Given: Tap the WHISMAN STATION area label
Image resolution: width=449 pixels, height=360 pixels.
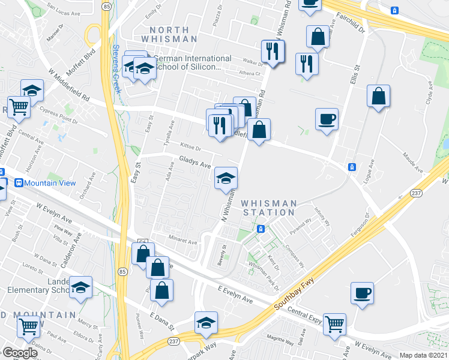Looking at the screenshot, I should (x=268, y=208).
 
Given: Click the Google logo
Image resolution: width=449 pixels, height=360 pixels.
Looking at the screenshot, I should (x=20, y=353).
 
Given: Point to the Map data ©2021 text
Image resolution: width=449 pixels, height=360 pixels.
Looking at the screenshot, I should (x=424, y=355).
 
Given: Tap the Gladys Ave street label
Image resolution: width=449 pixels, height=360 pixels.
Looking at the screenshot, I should (x=195, y=162).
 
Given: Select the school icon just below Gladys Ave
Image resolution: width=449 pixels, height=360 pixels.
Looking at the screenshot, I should (x=226, y=177).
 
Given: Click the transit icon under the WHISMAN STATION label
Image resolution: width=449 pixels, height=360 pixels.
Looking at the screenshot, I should (x=261, y=229).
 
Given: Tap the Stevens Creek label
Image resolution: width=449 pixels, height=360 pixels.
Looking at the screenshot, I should (x=117, y=70).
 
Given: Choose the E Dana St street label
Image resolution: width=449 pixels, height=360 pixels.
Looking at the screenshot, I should (x=161, y=322).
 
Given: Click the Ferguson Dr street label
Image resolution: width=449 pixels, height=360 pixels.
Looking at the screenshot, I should (x=367, y=225).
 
